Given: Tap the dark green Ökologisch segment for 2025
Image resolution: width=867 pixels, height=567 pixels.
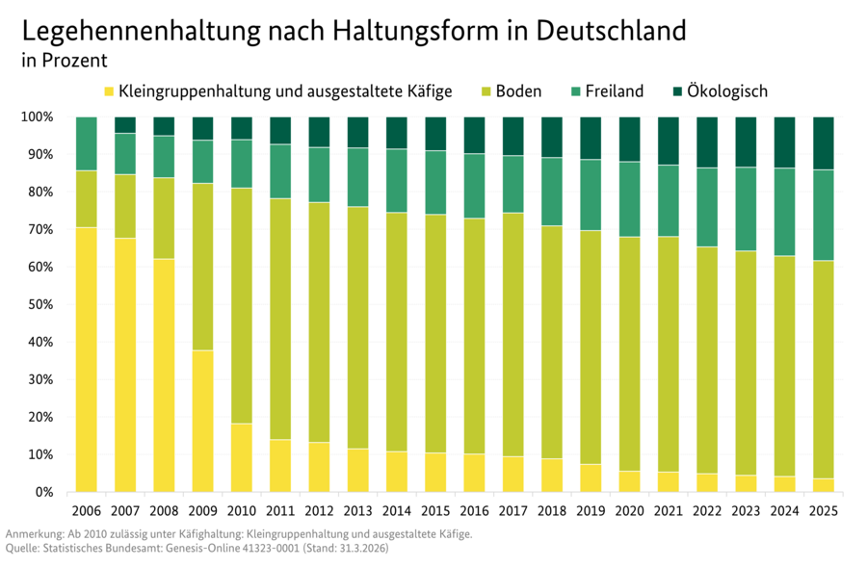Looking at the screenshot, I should (823, 142).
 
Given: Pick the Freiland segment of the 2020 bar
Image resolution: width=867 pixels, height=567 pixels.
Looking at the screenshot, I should (629, 199).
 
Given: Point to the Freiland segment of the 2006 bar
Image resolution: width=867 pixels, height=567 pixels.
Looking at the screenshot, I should (86, 143).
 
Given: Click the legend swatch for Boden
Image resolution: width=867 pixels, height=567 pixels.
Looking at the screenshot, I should (488, 92).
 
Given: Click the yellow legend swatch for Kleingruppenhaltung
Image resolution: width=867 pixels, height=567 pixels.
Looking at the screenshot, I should (108, 92).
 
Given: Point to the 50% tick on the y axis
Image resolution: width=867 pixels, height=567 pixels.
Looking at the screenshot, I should (41, 304).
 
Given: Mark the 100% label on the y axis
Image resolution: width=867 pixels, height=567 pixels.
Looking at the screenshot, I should (38, 117).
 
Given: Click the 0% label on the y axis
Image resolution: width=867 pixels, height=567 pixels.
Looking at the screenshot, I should (45, 492).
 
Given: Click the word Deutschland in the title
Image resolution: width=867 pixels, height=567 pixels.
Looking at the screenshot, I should (606, 31).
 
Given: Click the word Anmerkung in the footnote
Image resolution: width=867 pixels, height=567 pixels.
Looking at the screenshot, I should (37, 533).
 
